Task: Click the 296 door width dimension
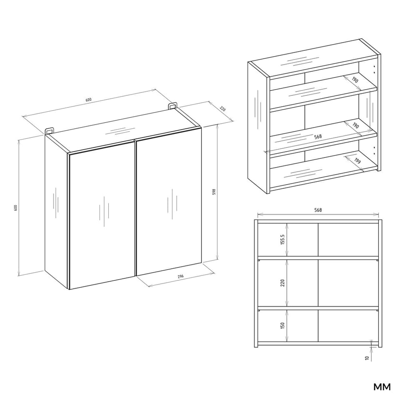(180, 276)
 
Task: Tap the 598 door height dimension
(214, 192)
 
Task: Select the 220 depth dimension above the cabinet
(222, 109)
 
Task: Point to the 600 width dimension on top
(88, 100)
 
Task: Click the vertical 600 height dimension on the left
(15, 207)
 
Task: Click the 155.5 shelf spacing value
(282, 240)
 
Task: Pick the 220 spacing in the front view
(282, 282)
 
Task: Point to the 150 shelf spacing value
(282, 325)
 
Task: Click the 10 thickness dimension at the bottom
(367, 358)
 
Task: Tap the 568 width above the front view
(318, 210)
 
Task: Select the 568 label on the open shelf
(318, 137)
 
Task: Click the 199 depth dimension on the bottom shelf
(357, 161)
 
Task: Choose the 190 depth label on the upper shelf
(355, 80)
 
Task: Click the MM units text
(382, 387)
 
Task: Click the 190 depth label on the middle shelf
(355, 126)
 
